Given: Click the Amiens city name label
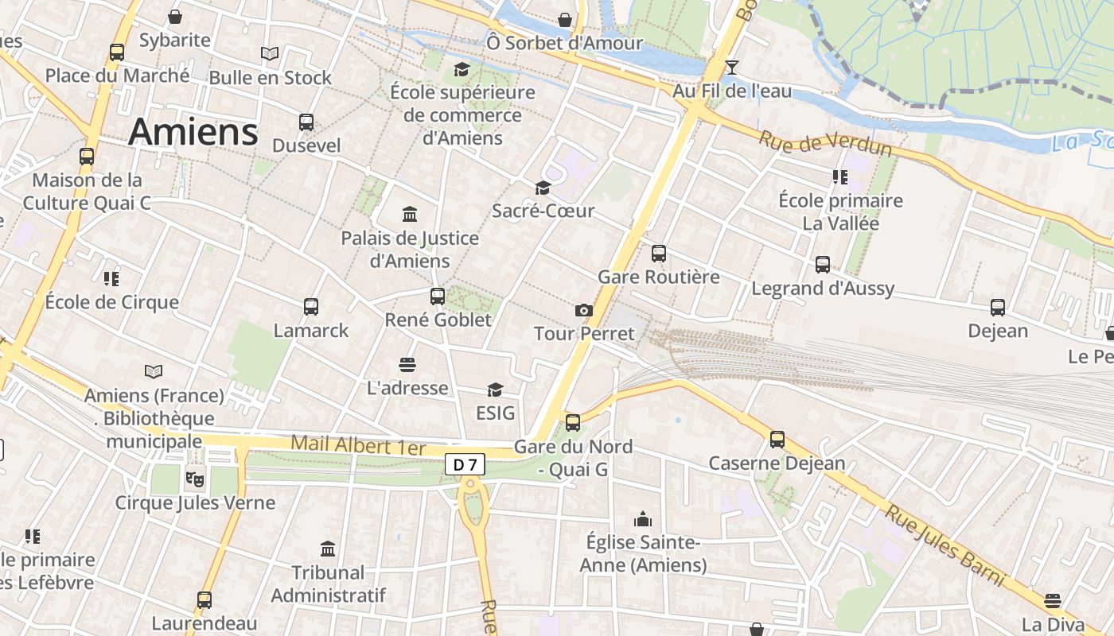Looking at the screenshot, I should (193, 131).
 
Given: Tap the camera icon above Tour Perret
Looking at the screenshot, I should (583, 310).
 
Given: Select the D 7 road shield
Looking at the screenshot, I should (465, 464).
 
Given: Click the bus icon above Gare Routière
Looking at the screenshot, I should (659, 254).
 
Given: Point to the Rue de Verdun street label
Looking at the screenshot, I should (824, 144).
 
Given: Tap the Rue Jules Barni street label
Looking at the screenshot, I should (945, 546).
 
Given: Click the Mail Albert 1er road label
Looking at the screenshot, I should (358, 445).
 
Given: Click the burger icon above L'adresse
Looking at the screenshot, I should (407, 365).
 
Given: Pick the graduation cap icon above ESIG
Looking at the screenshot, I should (495, 390).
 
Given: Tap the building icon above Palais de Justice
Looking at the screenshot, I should (410, 215).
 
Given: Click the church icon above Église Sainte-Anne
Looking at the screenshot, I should (642, 520).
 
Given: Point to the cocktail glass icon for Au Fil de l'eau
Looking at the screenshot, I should (732, 68).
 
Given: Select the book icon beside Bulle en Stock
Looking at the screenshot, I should (270, 54).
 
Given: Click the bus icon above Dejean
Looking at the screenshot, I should (998, 307).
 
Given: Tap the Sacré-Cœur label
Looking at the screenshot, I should (543, 211).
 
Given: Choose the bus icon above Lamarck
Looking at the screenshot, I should (311, 306).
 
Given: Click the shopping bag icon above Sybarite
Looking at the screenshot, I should (175, 17).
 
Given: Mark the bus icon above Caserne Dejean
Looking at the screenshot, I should (777, 439).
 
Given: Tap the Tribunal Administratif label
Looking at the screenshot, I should (328, 584).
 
